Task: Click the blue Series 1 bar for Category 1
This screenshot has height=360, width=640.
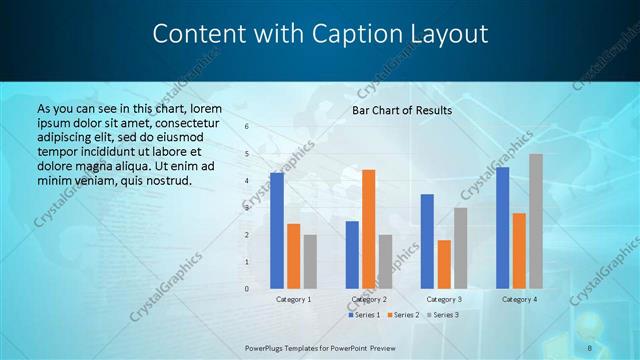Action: [x=276, y=230]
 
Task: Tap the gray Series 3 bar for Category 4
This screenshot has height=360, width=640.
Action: [x=536, y=220]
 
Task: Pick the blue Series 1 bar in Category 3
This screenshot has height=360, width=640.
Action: [x=427, y=241]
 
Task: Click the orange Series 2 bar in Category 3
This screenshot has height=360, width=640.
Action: [x=444, y=263]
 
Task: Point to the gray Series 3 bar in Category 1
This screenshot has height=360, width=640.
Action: [x=310, y=261]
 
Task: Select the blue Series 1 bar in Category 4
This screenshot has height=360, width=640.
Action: [x=502, y=227]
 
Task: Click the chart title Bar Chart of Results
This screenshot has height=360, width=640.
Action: [x=402, y=110]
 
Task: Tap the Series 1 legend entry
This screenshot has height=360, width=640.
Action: [x=363, y=315]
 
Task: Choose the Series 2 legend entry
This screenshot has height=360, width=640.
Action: [x=402, y=315]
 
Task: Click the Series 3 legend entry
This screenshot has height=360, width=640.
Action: [x=442, y=315]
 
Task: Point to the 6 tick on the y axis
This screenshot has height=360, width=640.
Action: [x=247, y=127]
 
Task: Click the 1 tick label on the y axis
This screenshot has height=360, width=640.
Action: [x=247, y=262]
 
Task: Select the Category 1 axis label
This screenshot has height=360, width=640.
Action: [x=293, y=299]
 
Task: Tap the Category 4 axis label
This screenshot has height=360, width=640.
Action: [x=519, y=299]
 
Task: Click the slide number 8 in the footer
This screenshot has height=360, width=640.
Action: [x=590, y=347]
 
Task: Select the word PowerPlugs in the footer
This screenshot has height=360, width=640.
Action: [x=267, y=347]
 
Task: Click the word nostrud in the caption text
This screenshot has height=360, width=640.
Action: [x=164, y=180]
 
